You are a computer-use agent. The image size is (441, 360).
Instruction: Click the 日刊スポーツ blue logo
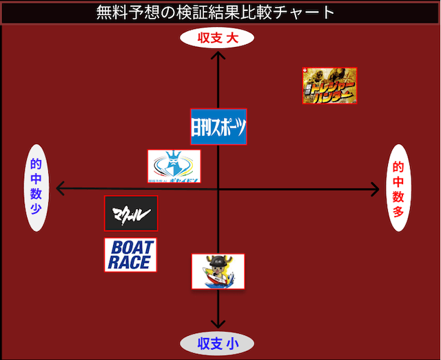click(218, 127)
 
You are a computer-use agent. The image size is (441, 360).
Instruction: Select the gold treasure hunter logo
click(329, 86)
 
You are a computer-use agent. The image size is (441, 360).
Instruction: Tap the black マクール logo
click(131, 213)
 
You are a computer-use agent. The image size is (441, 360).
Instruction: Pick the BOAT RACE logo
click(131, 254)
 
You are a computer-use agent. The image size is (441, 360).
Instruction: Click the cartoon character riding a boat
click(218, 271)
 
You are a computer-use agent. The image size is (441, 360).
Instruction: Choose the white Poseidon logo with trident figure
click(174, 166)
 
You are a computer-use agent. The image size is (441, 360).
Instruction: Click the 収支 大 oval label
click(217, 39)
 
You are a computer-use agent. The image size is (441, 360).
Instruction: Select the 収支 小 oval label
click(217, 343)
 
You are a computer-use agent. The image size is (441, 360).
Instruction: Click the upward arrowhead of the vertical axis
click(218, 55)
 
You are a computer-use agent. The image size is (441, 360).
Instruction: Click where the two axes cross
click(218, 188)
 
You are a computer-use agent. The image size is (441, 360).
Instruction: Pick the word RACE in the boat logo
click(128, 262)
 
